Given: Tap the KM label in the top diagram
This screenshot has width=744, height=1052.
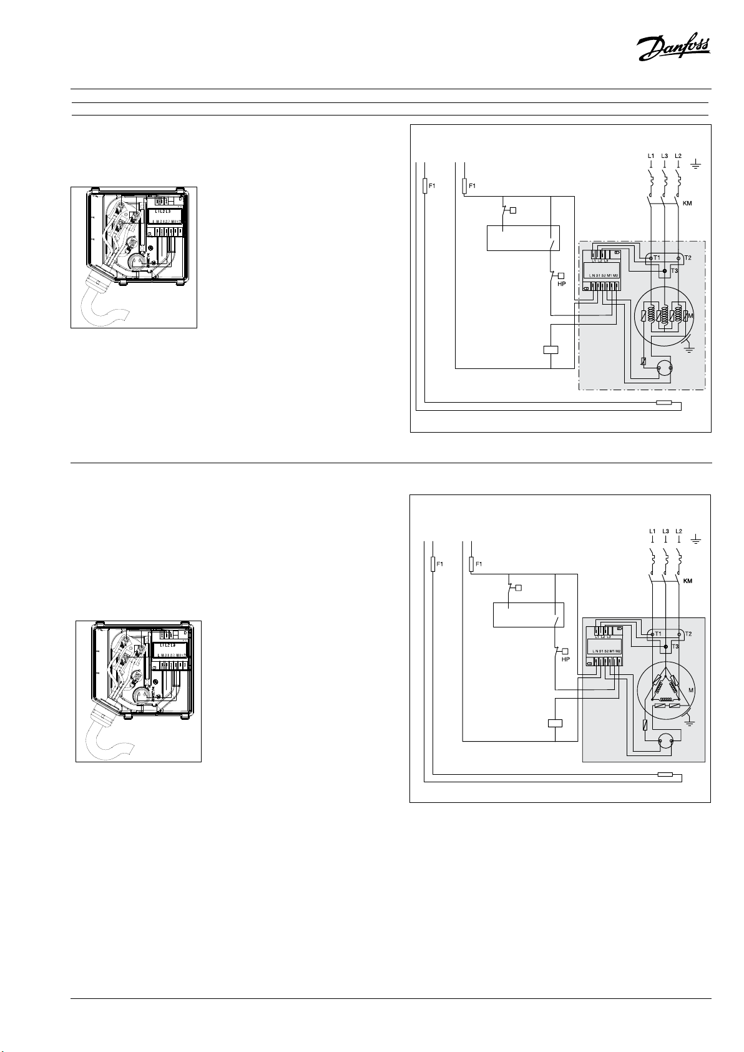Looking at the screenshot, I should tap(687, 204).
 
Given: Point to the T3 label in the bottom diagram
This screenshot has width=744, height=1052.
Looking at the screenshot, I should tap(675, 647).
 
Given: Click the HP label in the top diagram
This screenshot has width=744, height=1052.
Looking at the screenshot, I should tap(561, 283).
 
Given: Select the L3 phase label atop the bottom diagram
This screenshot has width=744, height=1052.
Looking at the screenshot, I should tap(665, 531).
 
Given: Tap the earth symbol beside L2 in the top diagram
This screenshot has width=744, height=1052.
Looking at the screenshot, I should tap(697, 165).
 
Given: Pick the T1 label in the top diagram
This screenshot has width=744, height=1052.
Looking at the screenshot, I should tap(657, 258).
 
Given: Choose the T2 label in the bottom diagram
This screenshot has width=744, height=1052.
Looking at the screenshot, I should tap(688, 634).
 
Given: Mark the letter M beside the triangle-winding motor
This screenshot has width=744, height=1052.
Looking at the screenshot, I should tap(691, 690).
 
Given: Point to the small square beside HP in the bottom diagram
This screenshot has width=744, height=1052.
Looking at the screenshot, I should tap(564, 651).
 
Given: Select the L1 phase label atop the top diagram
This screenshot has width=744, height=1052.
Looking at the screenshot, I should tap(651, 155).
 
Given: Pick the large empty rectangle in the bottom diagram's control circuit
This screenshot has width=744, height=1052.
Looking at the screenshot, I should tap(528, 614).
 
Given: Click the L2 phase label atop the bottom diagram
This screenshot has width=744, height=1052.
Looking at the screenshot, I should tap(679, 531).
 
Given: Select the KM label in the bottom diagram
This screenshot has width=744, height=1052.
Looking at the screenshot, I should tap(687, 581).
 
